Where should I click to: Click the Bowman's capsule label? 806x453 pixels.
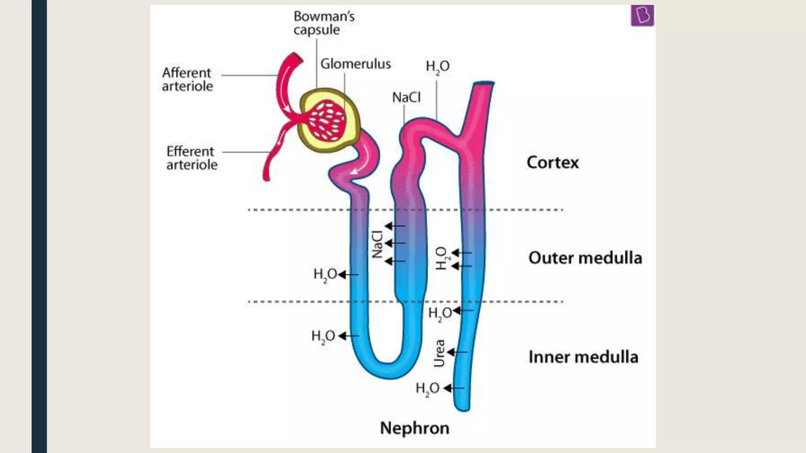point(324,23)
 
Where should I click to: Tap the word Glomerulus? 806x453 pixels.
point(355,64)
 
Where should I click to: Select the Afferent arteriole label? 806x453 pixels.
point(187,79)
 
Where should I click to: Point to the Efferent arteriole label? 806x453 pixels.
point(191,158)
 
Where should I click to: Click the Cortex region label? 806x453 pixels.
point(553,162)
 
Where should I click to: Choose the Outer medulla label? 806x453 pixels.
point(585,258)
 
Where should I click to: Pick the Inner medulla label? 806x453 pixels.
point(583,357)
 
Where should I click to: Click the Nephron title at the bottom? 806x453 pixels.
point(414,428)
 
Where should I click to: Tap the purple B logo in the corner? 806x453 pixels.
point(642,16)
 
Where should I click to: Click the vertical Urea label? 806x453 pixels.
point(439,353)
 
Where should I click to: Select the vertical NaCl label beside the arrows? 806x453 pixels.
point(377,244)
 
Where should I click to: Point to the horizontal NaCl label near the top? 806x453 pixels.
point(406,97)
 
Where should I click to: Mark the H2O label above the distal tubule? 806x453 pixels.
point(437,66)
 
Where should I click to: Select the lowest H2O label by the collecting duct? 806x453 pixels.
point(427,389)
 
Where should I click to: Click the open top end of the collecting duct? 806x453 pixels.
point(483,83)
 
